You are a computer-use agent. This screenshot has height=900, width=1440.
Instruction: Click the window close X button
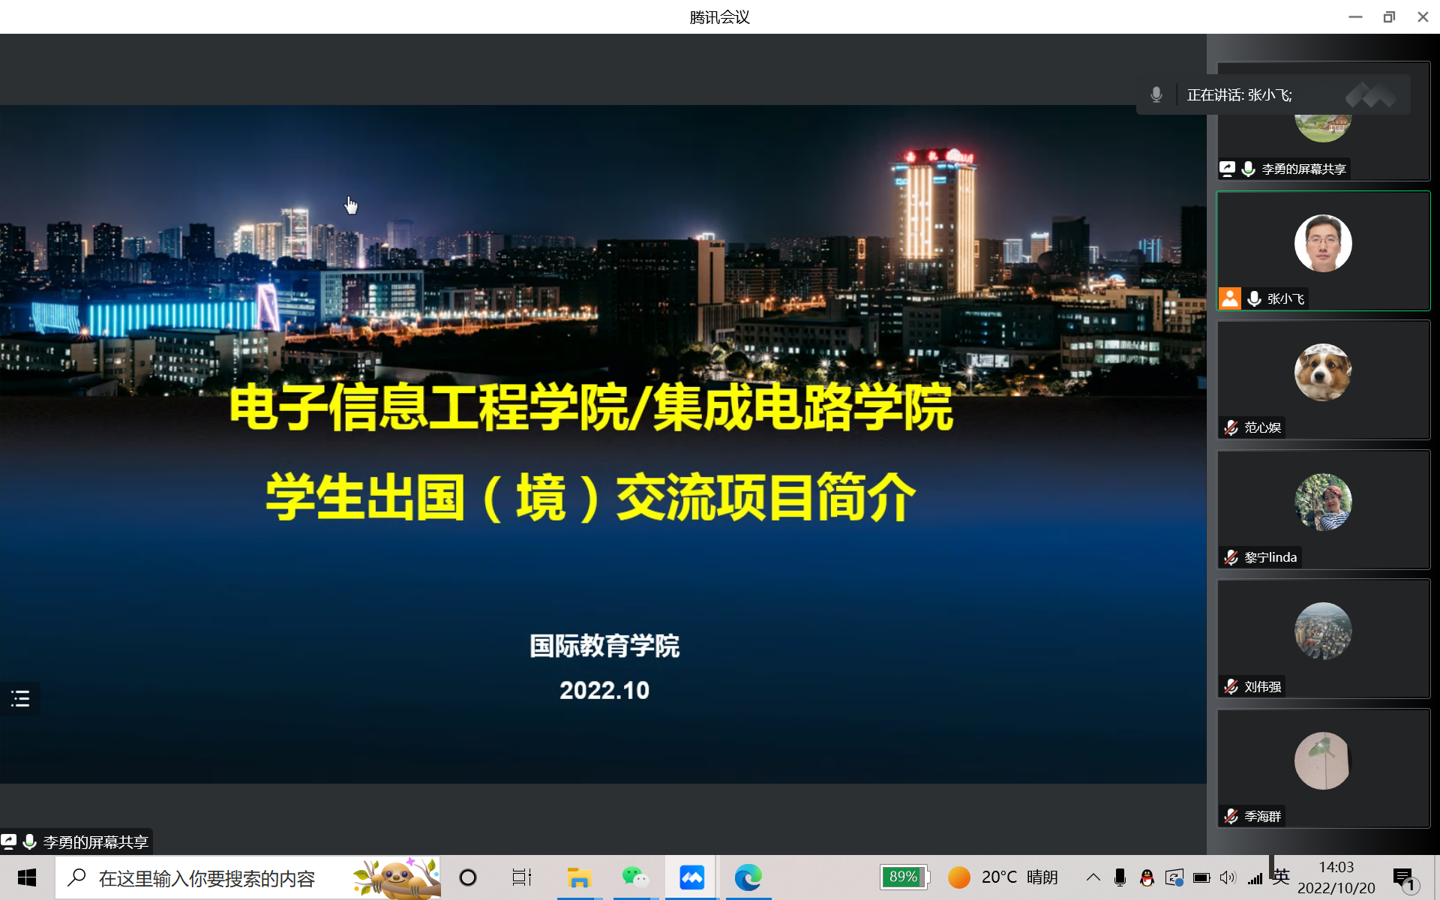pos(1423,16)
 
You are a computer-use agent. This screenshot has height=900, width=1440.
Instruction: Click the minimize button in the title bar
pos(1355,16)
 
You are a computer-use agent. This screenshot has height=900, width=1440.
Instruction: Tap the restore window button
pos(1389,16)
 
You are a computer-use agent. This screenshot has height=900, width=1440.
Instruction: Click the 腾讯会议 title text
pos(719,16)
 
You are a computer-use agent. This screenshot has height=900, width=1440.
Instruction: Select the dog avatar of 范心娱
pos(1323,372)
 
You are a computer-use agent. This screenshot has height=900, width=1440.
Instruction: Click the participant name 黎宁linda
pos(1270,557)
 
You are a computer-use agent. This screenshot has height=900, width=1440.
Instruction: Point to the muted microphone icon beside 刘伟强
pos(1231,686)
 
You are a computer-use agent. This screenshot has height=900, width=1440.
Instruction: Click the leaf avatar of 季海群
pos(1323,760)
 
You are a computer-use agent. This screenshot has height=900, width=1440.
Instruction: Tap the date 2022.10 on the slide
pos(604,690)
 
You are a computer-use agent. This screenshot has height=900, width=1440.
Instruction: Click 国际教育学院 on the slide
pos(604,646)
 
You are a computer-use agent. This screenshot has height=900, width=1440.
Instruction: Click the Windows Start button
pos(27,877)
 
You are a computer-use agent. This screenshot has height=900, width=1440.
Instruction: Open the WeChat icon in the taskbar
pos(635,877)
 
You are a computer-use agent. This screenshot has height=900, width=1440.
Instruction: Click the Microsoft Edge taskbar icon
pos(748,877)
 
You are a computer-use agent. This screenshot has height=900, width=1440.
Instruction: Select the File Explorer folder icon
pos(579,877)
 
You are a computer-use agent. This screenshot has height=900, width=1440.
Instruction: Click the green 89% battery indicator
pos(904,877)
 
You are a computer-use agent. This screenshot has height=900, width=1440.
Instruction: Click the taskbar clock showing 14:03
pos(1336,867)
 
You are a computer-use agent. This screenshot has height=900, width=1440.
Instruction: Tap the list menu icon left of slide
pos(20,699)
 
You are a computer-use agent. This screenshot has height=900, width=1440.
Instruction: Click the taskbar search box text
pos(207,878)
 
